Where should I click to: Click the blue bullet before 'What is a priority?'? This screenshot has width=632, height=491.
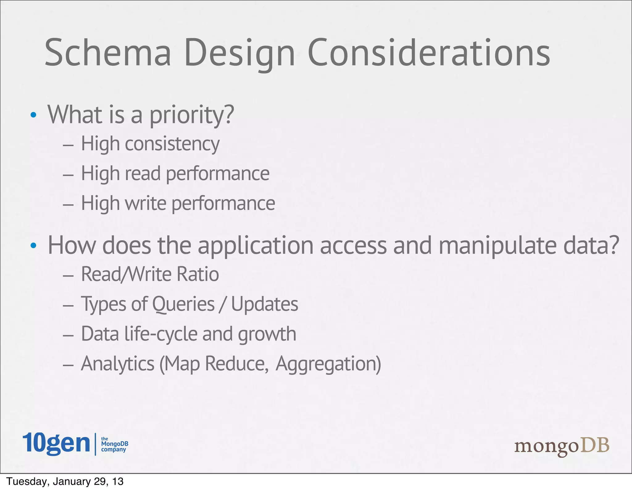[x=33, y=115]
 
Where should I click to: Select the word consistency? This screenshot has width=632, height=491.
[x=172, y=144]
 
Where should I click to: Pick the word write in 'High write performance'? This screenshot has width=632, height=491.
[x=145, y=203]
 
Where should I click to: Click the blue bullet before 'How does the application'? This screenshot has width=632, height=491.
[x=33, y=246]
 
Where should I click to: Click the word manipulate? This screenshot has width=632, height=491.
[x=497, y=246]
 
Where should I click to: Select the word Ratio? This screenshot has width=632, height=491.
[x=198, y=274]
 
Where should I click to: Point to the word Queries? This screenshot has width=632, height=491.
[x=183, y=304]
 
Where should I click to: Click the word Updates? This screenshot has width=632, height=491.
[x=264, y=304]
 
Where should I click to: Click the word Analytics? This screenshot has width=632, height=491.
[x=118, y=364]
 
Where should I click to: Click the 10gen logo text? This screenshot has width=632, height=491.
[x=56, y=444]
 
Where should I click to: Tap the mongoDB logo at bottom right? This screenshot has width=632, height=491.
[x=562, y=446]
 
